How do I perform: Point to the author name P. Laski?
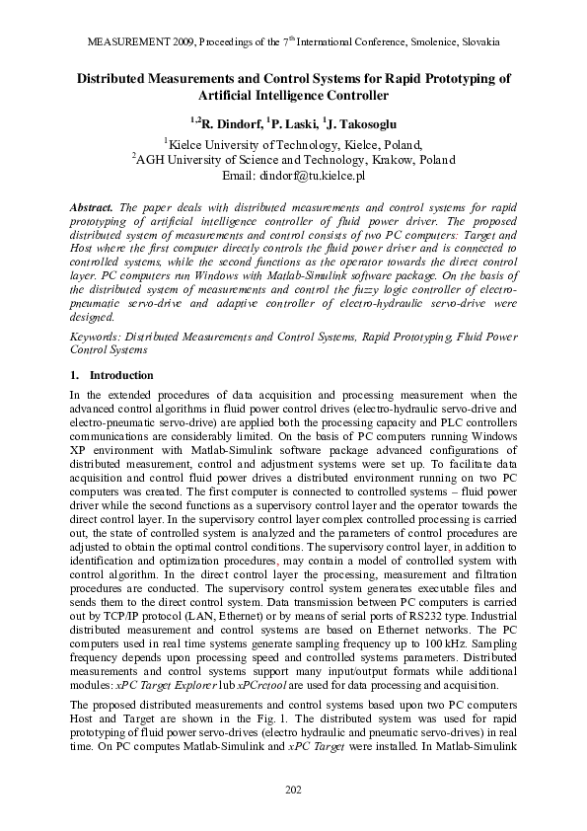[x=287, y=123]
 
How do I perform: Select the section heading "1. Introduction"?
[x=111, y=375]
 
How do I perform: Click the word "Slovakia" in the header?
[x=477, y=44]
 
